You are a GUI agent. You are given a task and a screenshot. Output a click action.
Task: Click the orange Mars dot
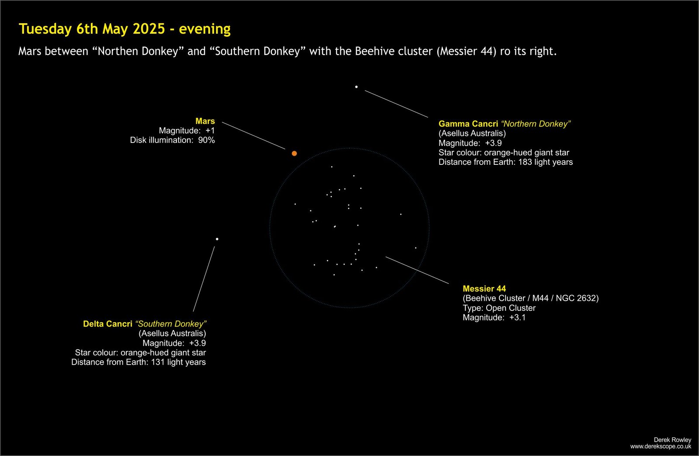294,153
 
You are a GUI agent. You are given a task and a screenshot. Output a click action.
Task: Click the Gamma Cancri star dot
356,87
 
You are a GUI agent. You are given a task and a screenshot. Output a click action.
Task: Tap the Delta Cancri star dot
217,239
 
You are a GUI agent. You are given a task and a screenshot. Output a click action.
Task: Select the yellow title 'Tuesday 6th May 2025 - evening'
125,29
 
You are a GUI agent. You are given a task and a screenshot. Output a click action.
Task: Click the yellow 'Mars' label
205,121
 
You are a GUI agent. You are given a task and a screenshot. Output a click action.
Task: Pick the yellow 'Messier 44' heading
484,289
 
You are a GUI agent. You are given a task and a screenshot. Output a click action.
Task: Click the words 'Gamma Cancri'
468,124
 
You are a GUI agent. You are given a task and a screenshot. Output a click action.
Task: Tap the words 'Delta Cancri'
107,324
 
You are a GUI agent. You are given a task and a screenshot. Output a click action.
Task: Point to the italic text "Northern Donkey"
536,124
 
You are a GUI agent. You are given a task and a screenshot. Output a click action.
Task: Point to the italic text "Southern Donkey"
171,324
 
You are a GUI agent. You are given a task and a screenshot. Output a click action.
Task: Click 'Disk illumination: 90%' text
172,140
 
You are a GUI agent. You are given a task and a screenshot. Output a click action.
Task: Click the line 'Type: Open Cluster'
499,308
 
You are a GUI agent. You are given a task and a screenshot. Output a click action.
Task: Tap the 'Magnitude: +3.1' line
494,318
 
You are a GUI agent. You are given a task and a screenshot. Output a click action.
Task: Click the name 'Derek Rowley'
672,440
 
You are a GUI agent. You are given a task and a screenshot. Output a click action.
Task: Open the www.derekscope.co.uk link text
661,447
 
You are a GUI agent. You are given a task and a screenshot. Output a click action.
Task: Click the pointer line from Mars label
253,136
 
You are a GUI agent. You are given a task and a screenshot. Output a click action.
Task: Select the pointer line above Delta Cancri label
204,279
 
